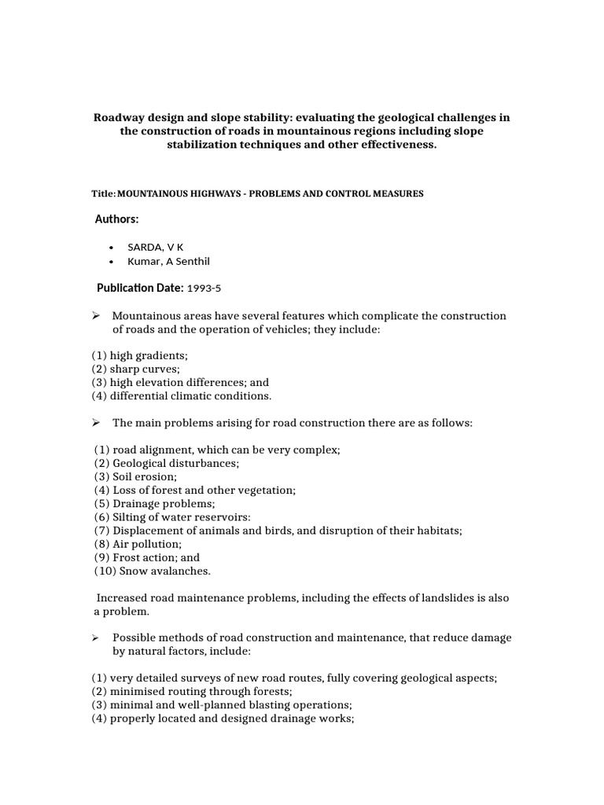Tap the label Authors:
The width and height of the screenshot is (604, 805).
pyautogui.click(x=117, y=219)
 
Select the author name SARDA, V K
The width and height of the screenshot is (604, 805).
pyautogui.click(x=160, y=246)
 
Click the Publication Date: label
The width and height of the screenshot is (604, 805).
pyautogui.click(x=140, y=288)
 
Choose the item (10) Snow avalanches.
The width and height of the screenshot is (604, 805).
pyautogui.click(x=153, y=571)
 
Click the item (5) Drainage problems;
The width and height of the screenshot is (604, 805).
pyautogui.click(x=154, y=503)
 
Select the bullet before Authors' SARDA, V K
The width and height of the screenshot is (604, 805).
pyautogui.click(x=112, y=247)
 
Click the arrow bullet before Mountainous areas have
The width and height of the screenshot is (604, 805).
pyautogui.click(x=96, y=315)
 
